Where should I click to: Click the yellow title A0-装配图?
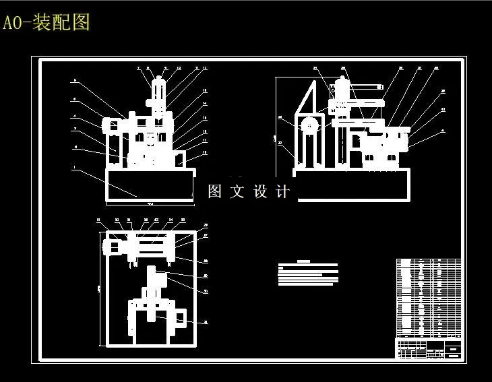pos(46,23)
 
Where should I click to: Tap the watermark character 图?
pos(215,191)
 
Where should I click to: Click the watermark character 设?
pos(261,191)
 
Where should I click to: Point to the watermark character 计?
pos(283,191)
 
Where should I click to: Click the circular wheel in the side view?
pos(309,125)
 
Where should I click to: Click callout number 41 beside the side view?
pos(443,130)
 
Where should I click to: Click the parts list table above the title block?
pos(428,297)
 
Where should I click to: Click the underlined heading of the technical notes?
pos(303,261)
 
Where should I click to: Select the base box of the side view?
pos(350,185)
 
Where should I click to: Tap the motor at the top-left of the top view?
pos(111,246)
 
